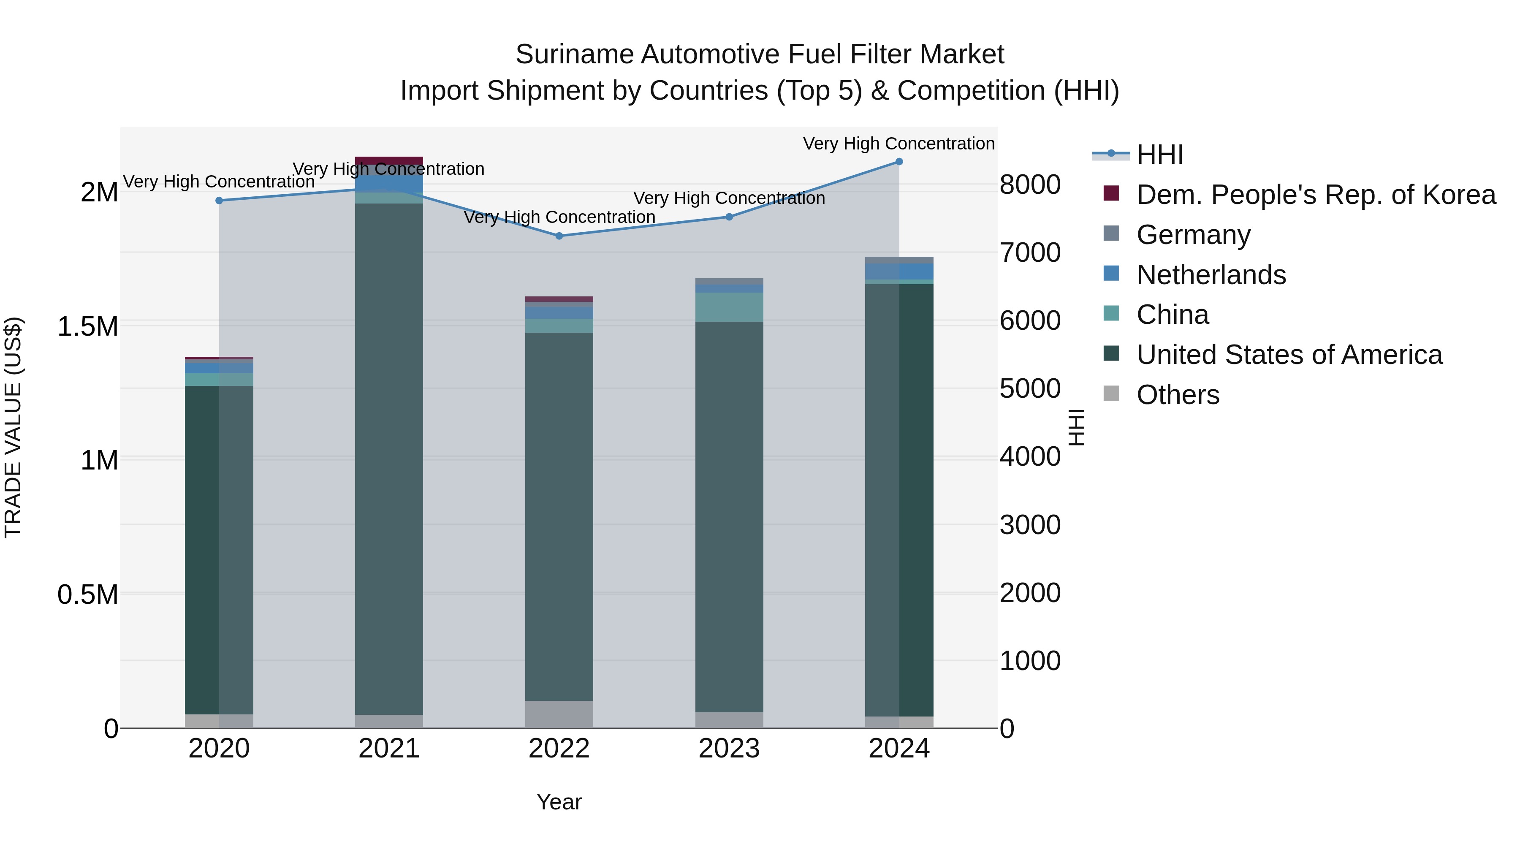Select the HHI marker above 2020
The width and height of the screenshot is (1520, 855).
click(219, 201)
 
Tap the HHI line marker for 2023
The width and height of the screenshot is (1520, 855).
click(729, 217)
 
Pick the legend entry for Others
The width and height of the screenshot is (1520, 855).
click(1177, 395)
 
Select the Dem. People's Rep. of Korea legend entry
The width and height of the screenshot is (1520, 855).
click(1315, 195)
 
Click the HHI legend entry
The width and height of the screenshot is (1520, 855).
click(1159, 155)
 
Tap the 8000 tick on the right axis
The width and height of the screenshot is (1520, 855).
click(1030, 185)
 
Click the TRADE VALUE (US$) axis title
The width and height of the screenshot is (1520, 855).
click(13, 427)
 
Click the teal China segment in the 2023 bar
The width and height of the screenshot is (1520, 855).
click(729, 307)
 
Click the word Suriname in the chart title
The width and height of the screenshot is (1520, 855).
click(574, 55)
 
